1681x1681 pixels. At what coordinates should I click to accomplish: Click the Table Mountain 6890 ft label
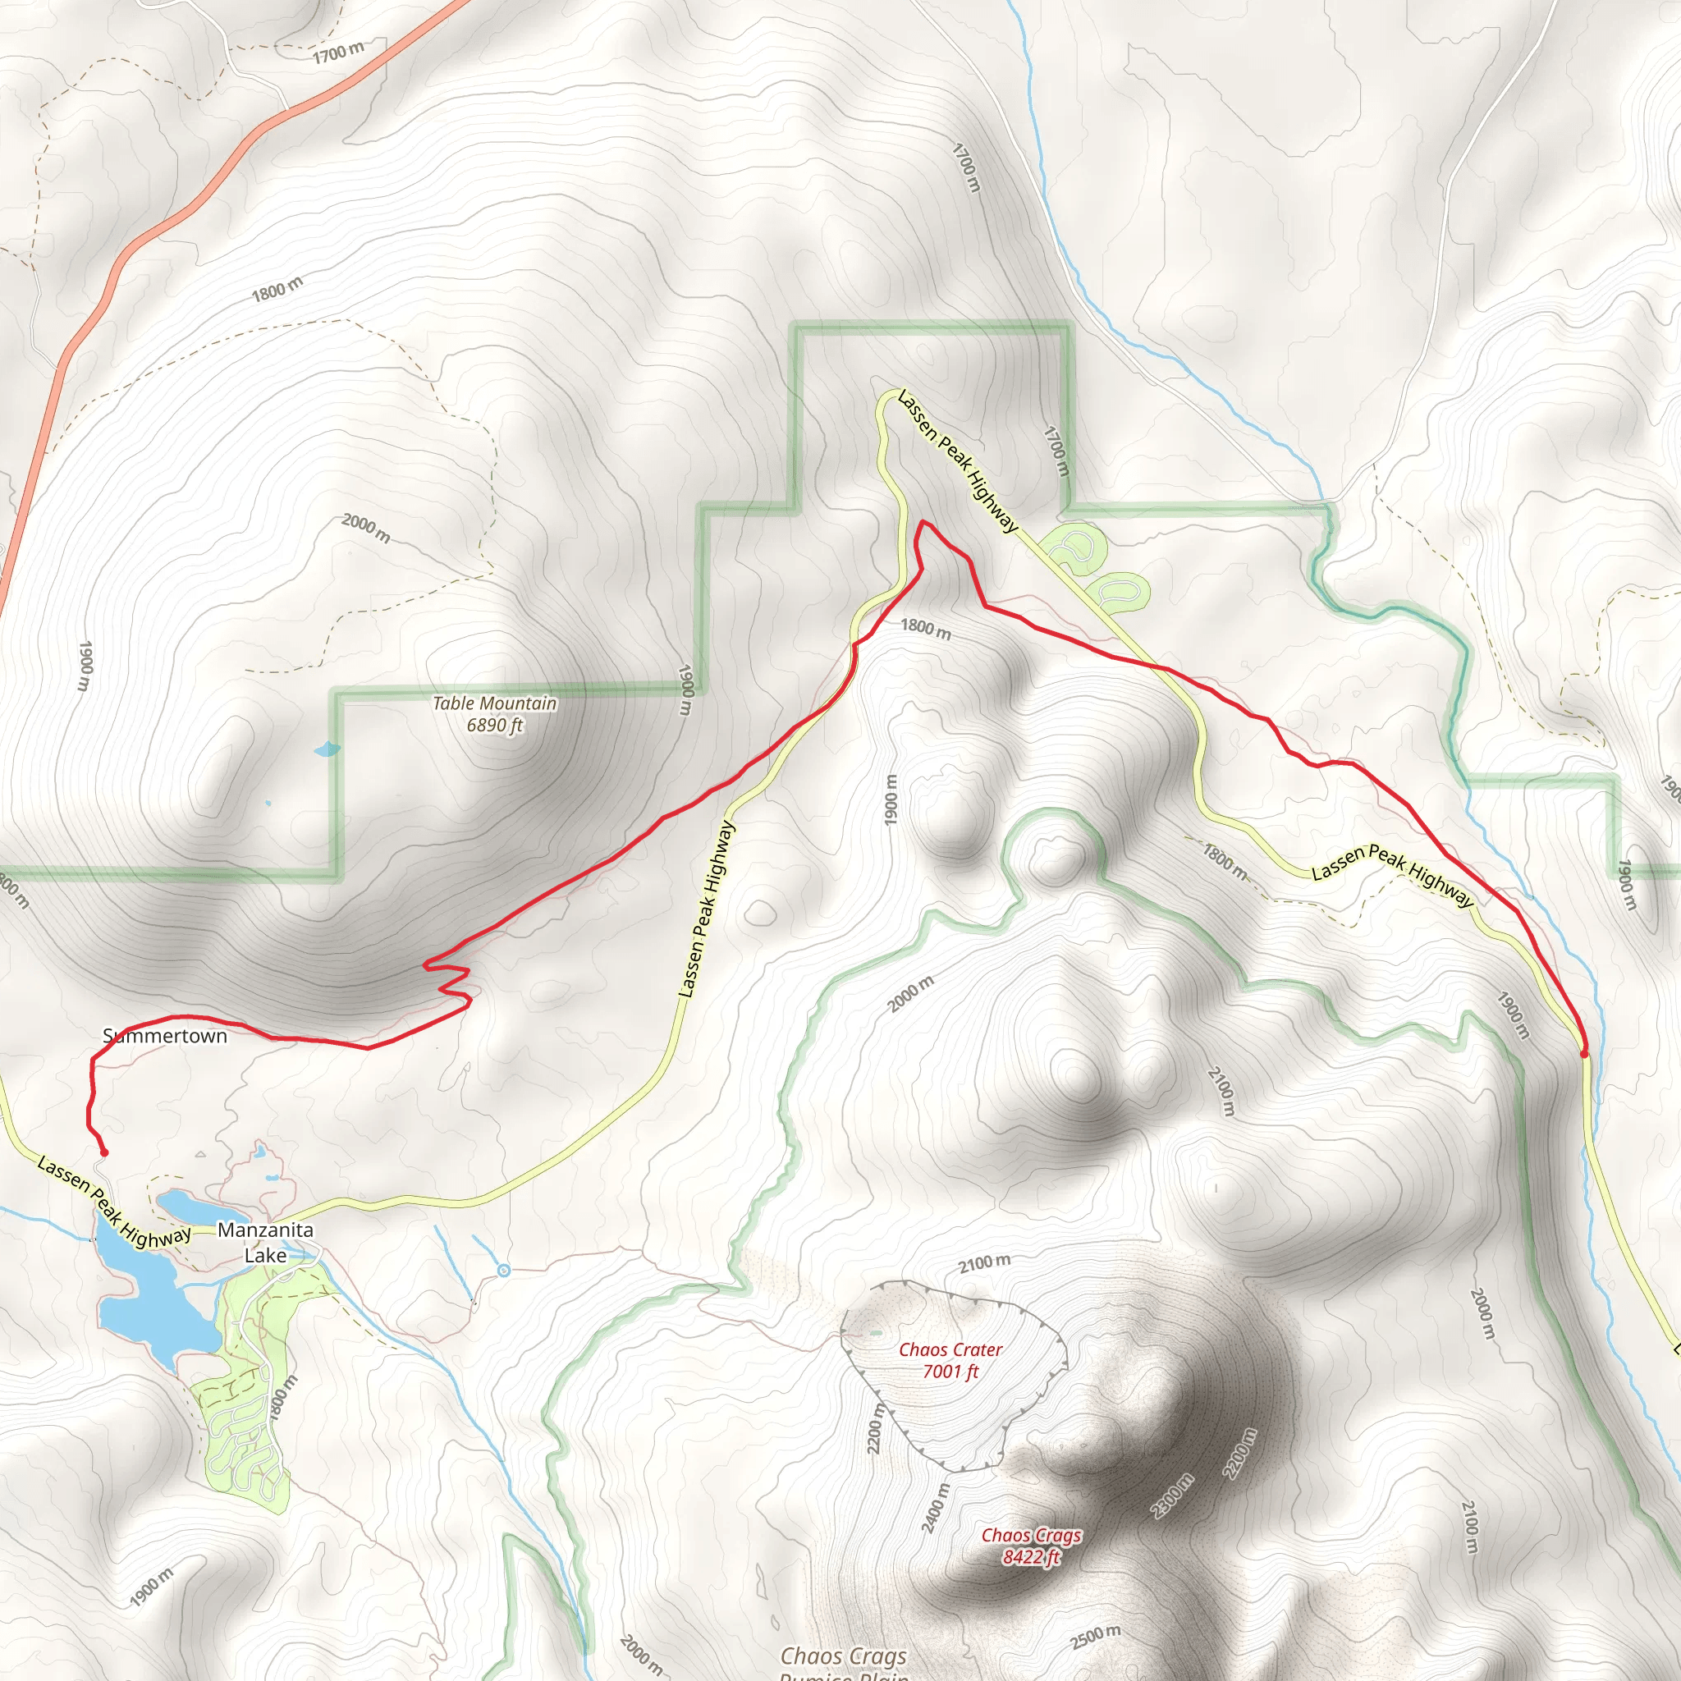point(494,713)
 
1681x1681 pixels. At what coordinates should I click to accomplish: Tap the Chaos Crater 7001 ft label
point(950,1360)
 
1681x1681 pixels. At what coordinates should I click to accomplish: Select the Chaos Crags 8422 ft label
point(1031,1546)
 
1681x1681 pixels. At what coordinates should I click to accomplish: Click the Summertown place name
point(164,1035)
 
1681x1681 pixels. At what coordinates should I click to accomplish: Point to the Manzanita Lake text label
point(265,1242)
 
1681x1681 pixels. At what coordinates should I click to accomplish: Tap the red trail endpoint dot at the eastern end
point(1583,1054)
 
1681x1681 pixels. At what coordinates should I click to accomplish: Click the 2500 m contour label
point(1095,1636)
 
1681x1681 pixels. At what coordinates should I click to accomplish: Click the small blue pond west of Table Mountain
point(327,749)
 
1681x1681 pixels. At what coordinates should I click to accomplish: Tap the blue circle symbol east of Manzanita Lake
point(504,1271)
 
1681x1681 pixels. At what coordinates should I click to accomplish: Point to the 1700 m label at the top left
point(338,53)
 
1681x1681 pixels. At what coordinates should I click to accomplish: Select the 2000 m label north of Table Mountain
point(365,527)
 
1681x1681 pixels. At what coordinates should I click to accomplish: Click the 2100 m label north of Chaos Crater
point(985,1262)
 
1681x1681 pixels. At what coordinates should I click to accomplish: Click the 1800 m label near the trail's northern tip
point(925,628)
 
